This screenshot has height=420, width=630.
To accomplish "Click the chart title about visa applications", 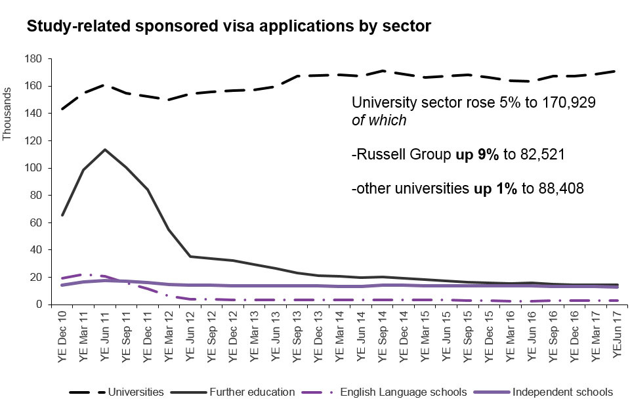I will (228, 27).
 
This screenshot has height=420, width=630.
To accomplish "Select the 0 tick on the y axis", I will (39, 304).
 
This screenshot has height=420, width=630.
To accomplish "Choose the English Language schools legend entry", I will (403, 392).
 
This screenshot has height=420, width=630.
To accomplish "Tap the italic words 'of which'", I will (379, 121).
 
